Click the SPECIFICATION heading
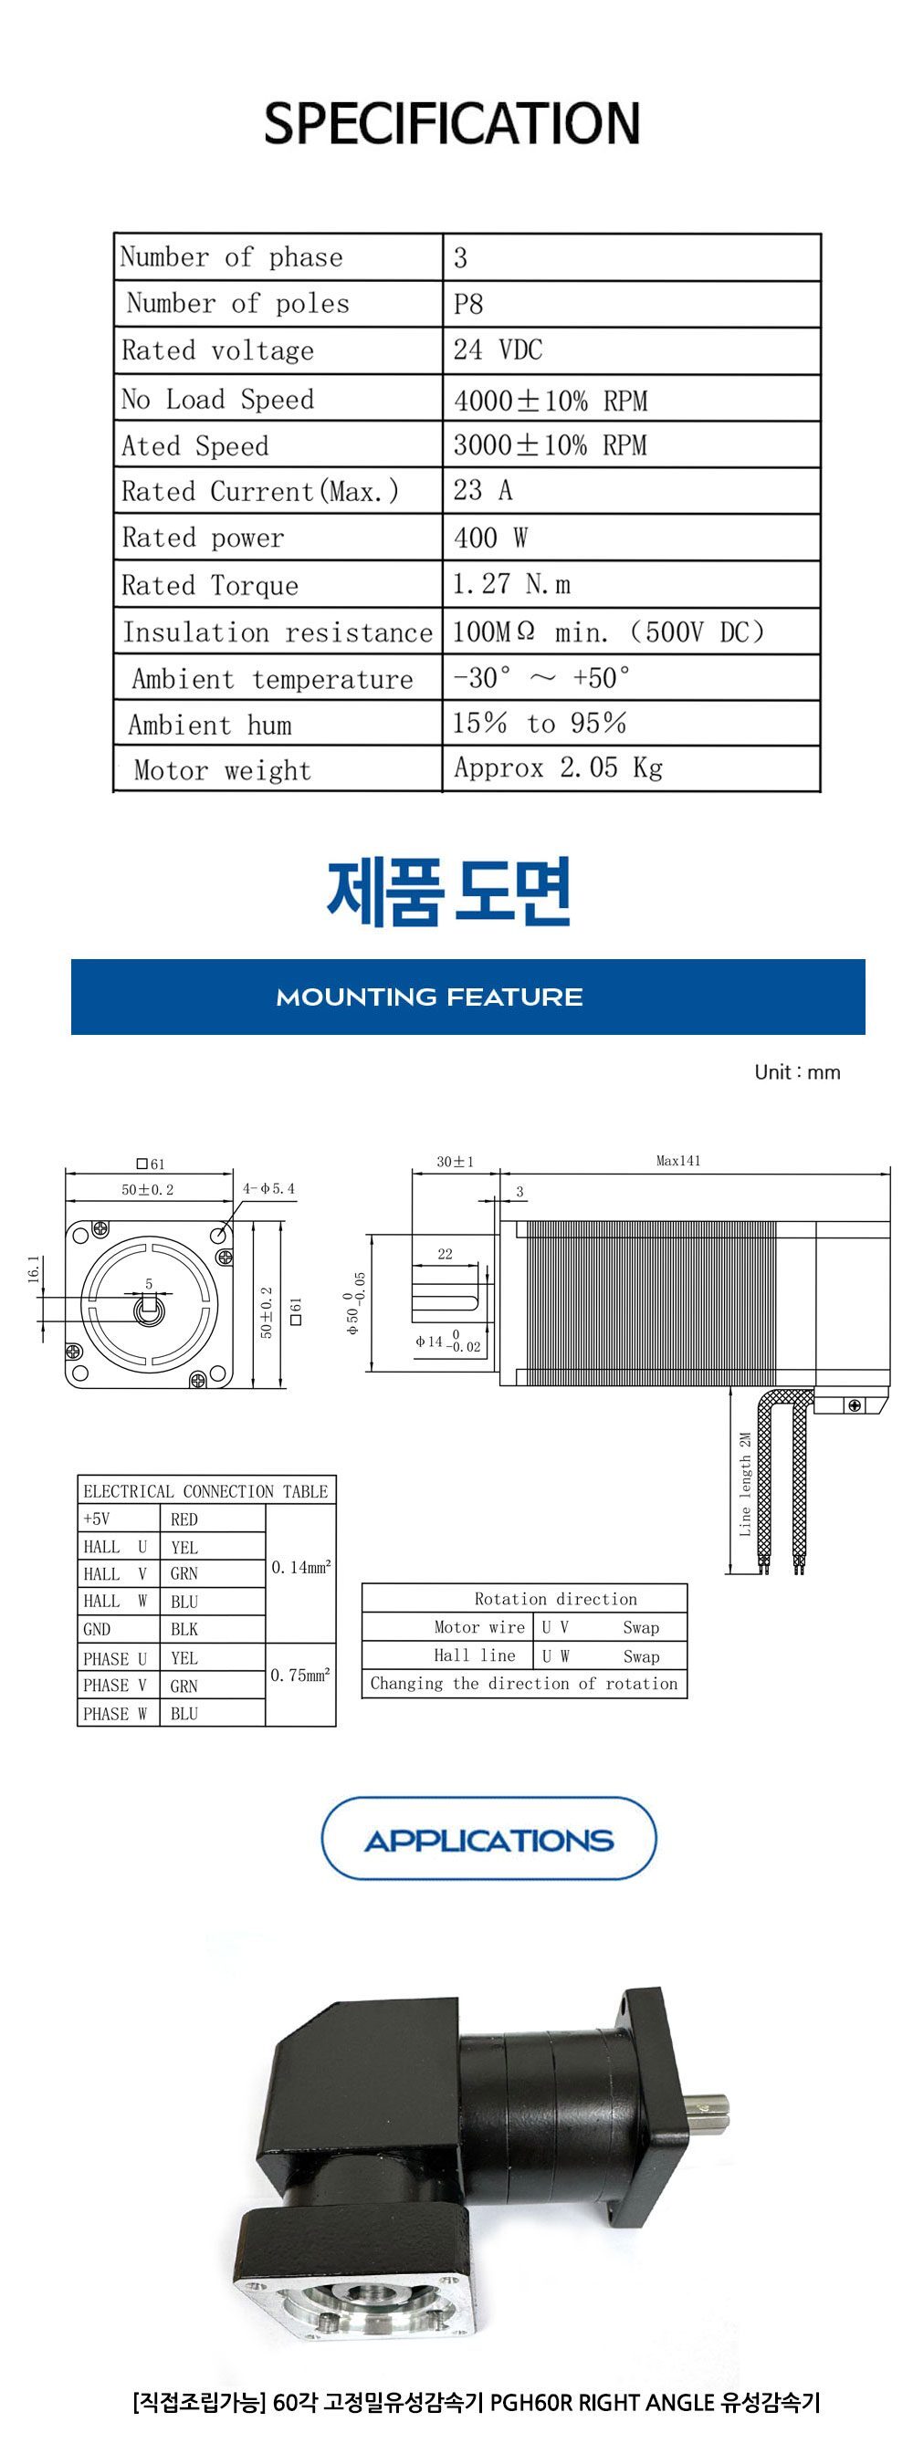point(452,122)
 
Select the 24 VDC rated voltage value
point(498,350)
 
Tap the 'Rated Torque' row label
point(210,584)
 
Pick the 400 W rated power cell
point(490,538)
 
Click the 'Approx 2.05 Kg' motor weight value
point(558,768)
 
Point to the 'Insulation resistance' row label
point(278,632)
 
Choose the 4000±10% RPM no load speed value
point(551,400)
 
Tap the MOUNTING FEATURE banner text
point(429,997)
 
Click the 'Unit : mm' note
point(797,1071)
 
